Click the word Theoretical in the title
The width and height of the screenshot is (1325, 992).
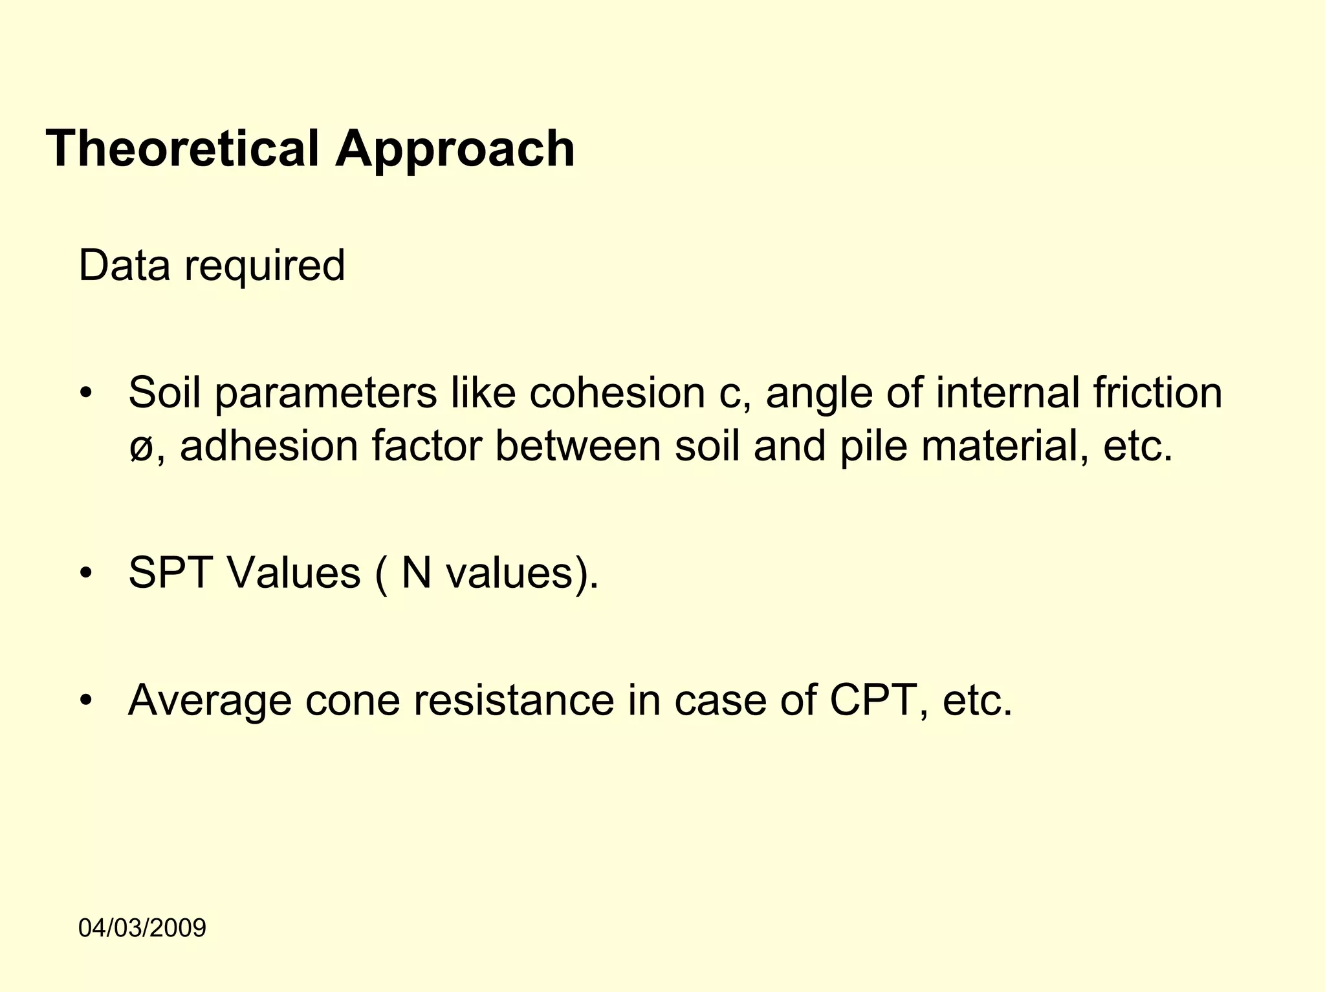click(182, 149)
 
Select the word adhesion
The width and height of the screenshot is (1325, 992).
click(269, 446)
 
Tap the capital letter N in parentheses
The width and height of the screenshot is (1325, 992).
click(417, 573)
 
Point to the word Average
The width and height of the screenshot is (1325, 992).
click(209, 700)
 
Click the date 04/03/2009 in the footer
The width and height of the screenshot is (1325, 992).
click(142, 928)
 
